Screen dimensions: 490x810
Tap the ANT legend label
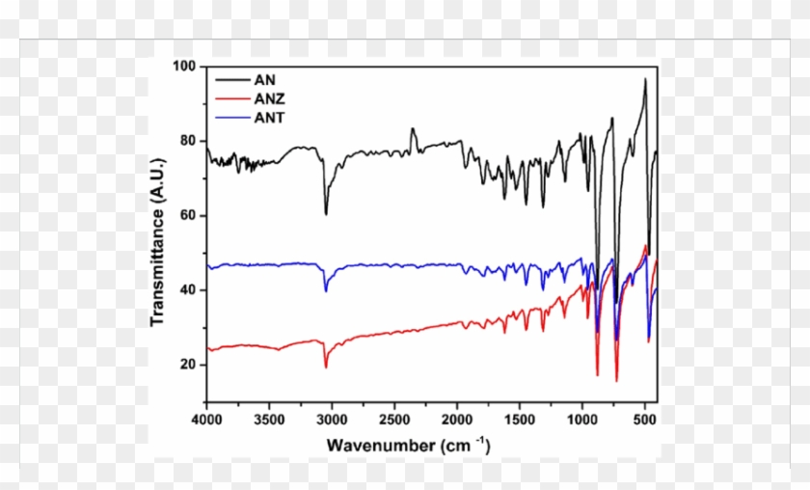pos(269,117)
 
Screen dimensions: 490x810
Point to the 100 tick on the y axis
pos(184,67)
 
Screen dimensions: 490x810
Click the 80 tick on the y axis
pos(187,141)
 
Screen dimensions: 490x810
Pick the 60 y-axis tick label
pos(187,215)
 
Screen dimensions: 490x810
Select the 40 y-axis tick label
pos(187,290)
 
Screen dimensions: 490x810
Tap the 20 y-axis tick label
pos(187,365)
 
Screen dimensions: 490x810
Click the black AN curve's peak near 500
pos(645,80)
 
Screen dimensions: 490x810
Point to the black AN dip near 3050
pos(326,213)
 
